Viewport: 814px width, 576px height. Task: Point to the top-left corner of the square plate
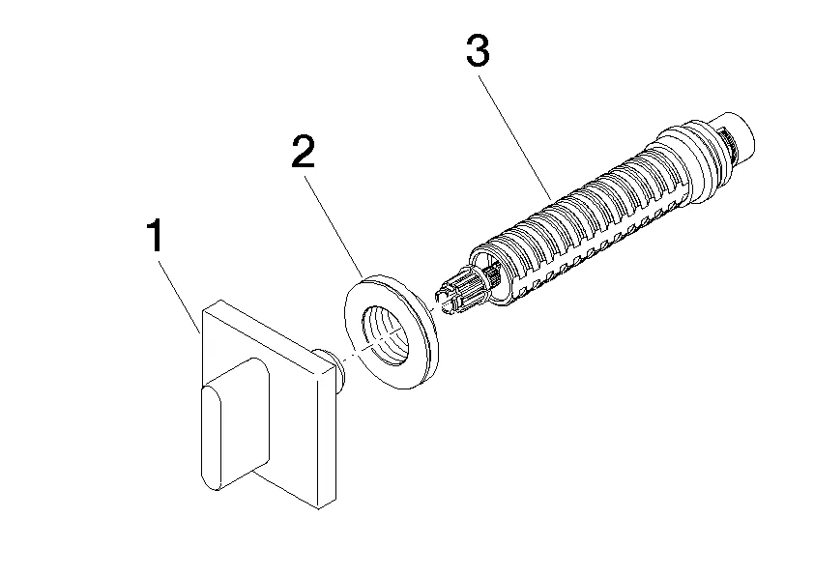pyautogui.click(x=205, y=307)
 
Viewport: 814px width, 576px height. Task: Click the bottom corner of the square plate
pyautogui.click(x=315, y=505)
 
